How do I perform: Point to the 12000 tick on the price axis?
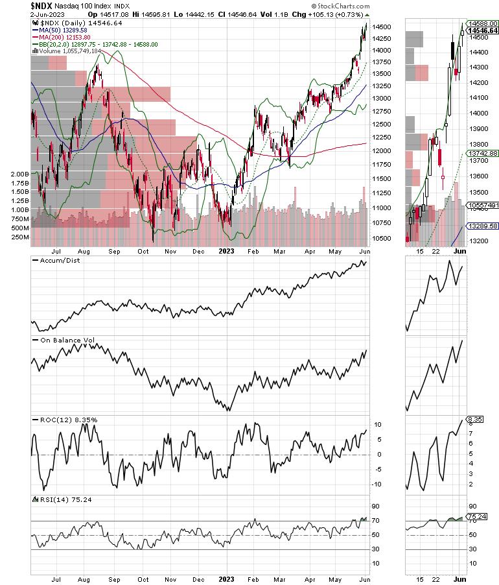pos(381,151)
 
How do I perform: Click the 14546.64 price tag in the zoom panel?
pos(483,30)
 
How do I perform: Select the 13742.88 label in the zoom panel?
pos(483,153)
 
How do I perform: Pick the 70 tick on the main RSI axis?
pos(375,521)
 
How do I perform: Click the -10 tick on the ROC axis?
pos(375,484)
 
